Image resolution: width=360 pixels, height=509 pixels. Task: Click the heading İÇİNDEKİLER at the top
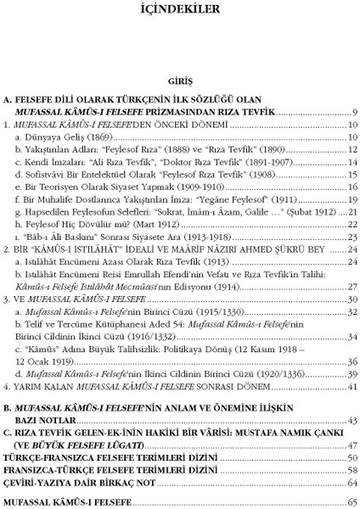(179, 12)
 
